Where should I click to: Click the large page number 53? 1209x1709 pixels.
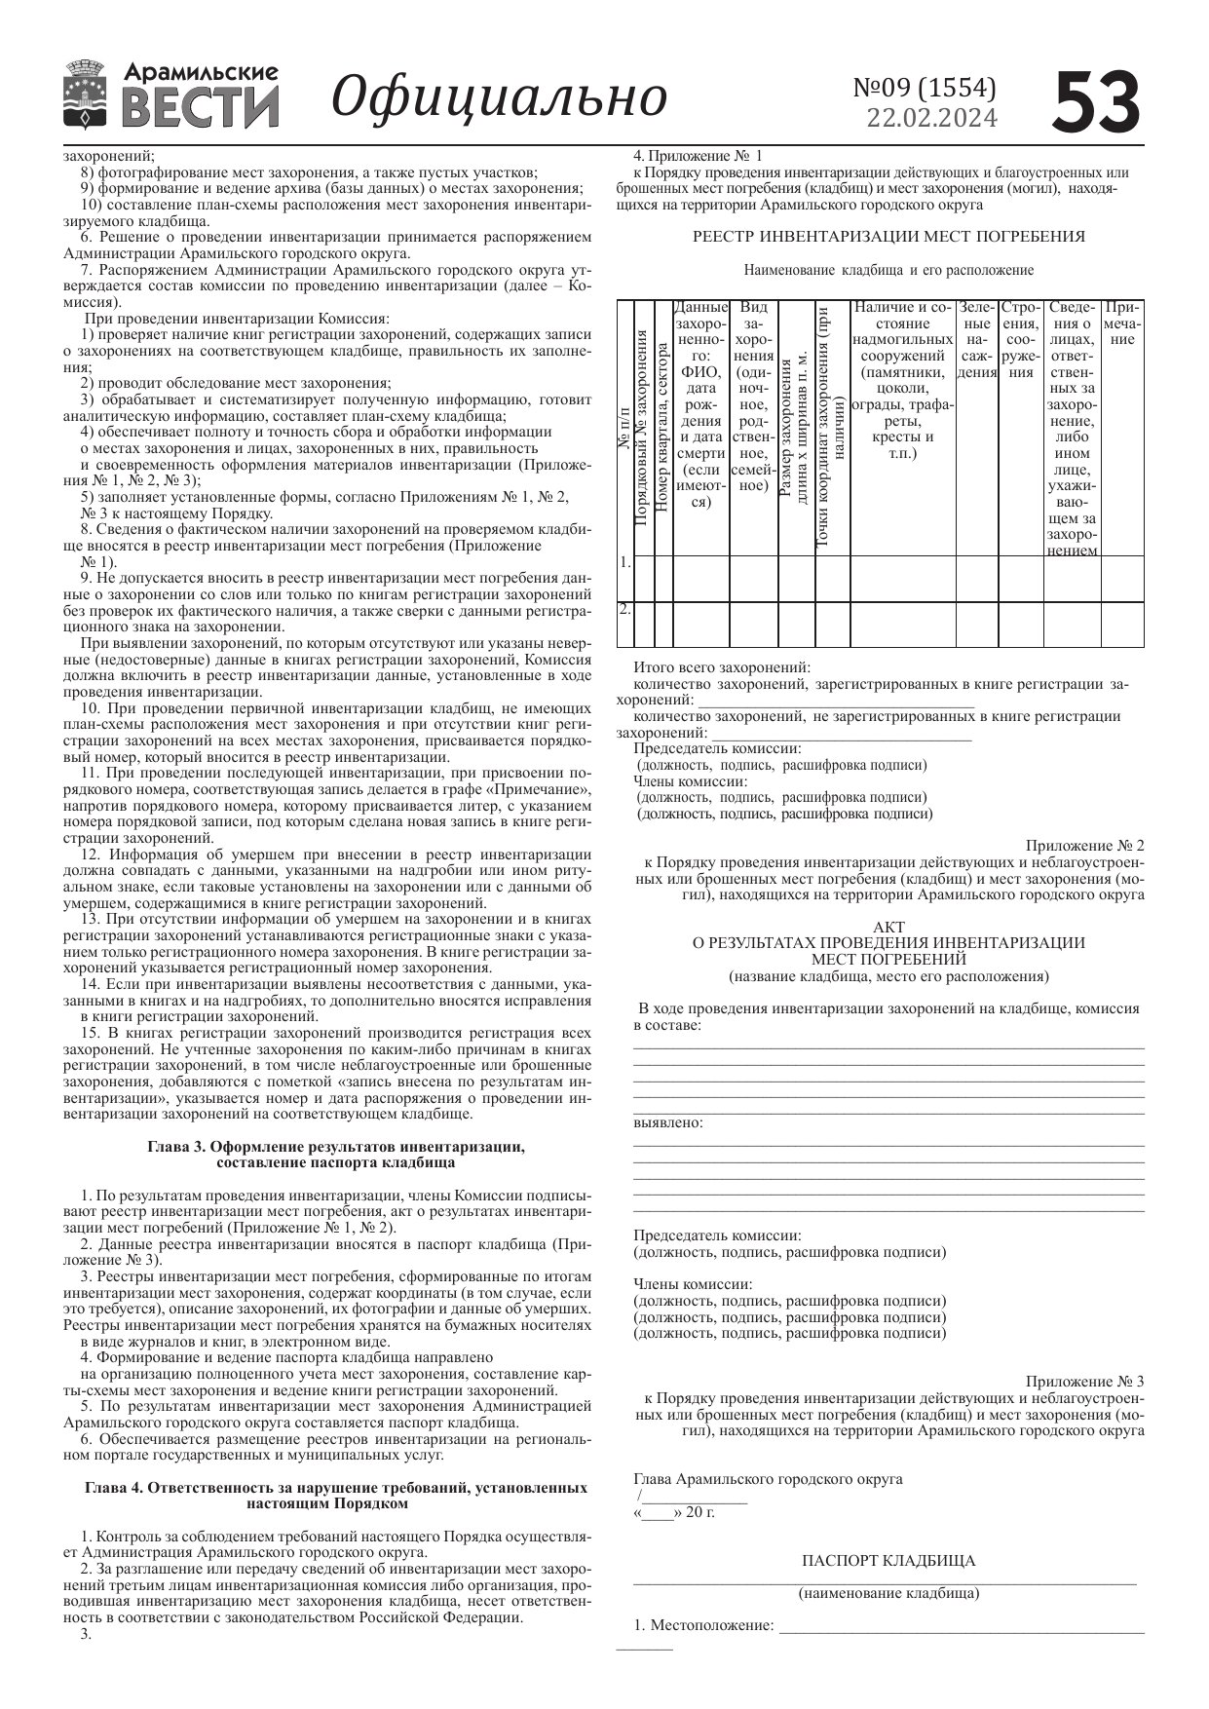click(x=1096, y=100)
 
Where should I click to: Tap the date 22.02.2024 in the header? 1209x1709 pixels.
click(x=931, y=119)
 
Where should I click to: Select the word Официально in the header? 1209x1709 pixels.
click(x=499, y=96)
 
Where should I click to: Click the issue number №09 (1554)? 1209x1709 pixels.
click(x=925, y=88)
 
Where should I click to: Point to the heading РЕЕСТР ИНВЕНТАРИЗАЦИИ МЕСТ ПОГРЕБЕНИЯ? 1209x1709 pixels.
click(x=888, y=237)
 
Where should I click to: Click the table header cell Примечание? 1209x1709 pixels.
click(x=1122, y=323)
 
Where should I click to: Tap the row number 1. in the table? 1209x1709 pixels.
click(x=625, y=563)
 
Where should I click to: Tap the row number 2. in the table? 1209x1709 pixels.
click(x=625, y=610)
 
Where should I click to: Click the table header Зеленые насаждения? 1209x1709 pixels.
click(x=976, y=339)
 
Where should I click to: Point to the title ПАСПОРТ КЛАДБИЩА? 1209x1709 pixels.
click(x=888, y=1561)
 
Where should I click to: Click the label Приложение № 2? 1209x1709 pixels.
click(x=1084, y=846)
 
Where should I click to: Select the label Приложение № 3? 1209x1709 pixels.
click(x=1084, y=1382)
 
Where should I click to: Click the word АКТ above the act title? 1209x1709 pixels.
click(x=888, y=928)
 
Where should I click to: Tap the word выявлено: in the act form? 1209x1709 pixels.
click(x=668, y=1123)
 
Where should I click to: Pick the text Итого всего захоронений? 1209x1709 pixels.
click(x=722, y=668)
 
